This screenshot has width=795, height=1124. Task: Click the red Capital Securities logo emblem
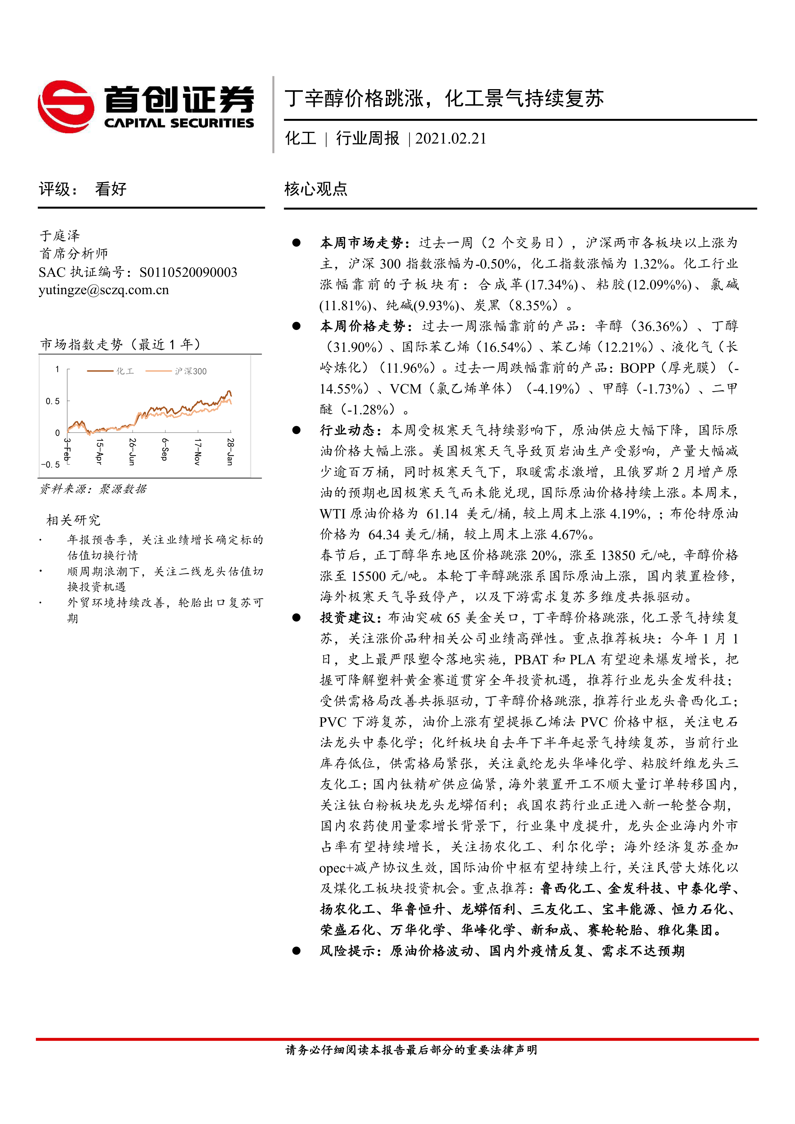click(x=66, y=106)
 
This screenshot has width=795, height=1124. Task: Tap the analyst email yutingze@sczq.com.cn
click(x=104, y=290)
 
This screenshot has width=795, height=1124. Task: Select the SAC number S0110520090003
click(x=188, y=272)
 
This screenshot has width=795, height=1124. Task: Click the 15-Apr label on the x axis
click(x=99, y=451)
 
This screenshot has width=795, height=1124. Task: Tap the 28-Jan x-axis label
click(x=230, y=451)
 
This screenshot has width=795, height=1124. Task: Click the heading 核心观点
click(x=316, y=189)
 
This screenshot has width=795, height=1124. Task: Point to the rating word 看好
click(x=111, y=189)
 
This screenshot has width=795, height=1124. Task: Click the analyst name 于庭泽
click(x=60, y=236)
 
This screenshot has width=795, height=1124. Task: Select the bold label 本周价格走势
click(x=362, y=326)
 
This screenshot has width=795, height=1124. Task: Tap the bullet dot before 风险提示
click(x=296, y=950)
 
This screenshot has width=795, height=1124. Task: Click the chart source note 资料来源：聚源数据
click(x=93, y=489)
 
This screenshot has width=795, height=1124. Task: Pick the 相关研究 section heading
click(x=73, y=520)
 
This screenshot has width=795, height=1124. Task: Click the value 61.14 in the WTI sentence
click(x=442, y=514)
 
